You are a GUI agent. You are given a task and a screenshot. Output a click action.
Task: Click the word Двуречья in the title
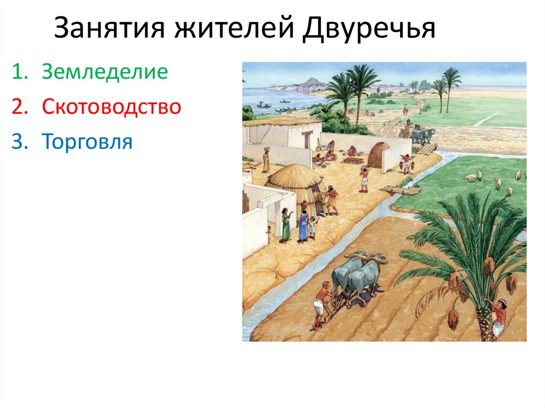coord(369,30)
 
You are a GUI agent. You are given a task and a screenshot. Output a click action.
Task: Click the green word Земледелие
coord(105,72)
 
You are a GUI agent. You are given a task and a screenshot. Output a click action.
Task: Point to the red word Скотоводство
coord(112,107)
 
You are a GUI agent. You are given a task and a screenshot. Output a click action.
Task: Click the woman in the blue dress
coord(303,226)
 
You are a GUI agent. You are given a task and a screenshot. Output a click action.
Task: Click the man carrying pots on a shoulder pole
coord(407,163)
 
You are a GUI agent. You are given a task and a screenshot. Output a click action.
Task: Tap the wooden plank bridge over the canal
coord(399,190)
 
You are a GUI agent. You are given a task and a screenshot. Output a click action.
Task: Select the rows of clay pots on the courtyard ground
coord(352,160)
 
